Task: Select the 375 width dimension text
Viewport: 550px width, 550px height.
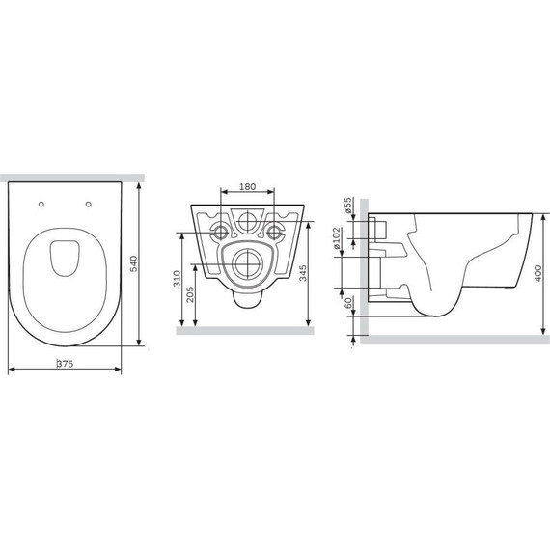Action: pos(66,365)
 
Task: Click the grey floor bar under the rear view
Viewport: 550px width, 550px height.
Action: pos(248,329)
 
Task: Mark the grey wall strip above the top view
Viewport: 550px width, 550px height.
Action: pos(72,178)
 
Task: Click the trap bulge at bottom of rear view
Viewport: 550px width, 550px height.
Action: pos(248,298)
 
